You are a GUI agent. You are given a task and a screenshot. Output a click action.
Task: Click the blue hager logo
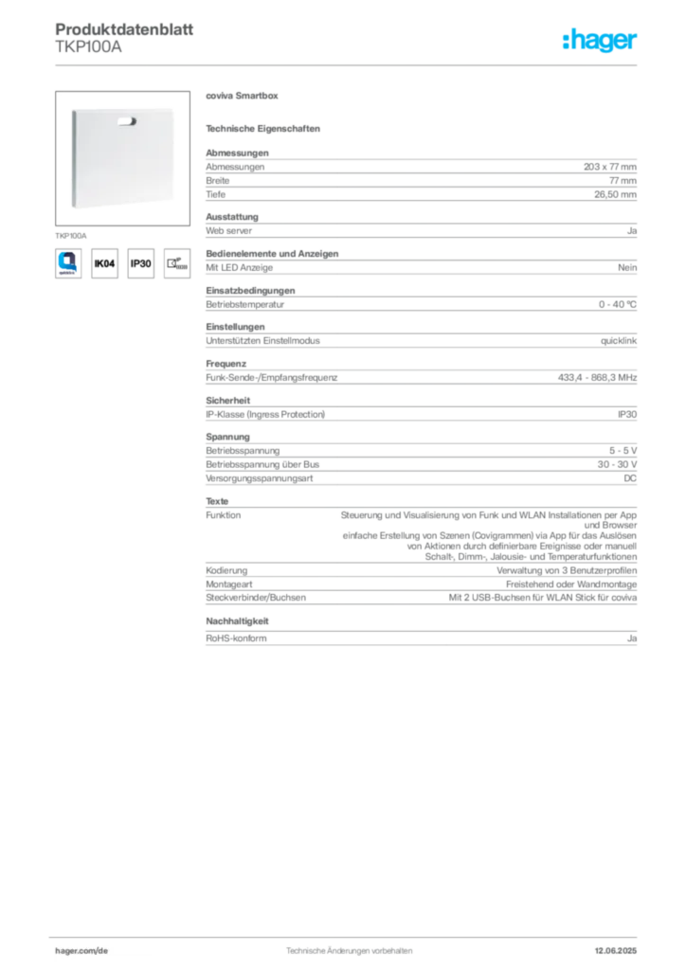pos(601,41)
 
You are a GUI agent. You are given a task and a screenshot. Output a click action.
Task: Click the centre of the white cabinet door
pos(125,156)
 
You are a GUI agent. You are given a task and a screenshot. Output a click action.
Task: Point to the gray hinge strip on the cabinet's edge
pos(72,157)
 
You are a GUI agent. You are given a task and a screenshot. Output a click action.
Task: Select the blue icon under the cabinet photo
pos(66,261)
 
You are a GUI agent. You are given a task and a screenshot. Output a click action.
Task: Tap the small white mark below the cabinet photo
pos(59,222)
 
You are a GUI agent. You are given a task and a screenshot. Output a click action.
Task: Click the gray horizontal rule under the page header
pos(349,64)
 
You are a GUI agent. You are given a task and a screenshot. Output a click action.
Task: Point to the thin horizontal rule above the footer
pos(349,935)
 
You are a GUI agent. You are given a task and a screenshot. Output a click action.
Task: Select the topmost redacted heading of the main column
pos(242,98)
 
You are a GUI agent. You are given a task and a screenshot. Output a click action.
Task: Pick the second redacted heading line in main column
pos(266,128)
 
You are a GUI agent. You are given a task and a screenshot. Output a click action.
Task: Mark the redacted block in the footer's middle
pos(346,948)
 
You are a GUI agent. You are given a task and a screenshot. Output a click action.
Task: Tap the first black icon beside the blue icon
pos(104,264)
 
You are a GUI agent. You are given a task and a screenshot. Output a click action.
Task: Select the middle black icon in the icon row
pos(139,264)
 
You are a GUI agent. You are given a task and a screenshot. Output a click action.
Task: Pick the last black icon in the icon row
pos(175,264)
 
